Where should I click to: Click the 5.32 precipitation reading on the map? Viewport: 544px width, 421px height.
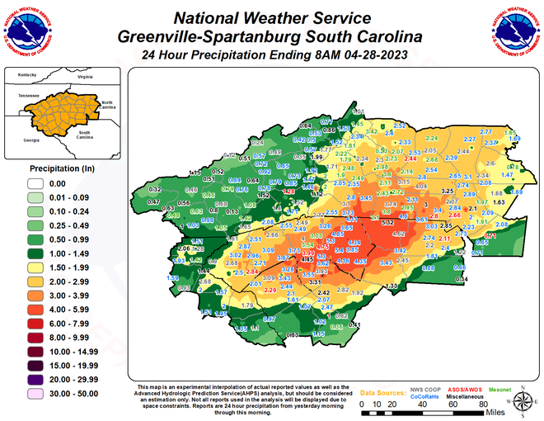tap(387, 222)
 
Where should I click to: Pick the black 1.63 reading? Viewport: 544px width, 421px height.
tap(499, 201)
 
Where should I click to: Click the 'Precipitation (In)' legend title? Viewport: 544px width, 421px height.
tap(49, 168)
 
